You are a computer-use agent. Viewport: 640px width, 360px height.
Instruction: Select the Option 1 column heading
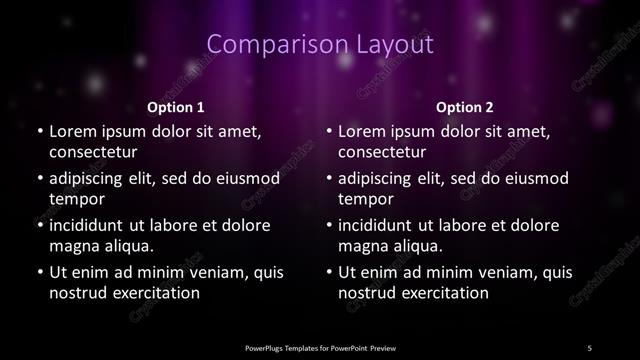176,107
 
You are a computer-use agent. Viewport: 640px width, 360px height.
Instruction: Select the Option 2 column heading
465,107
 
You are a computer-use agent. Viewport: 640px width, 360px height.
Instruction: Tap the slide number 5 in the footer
589,347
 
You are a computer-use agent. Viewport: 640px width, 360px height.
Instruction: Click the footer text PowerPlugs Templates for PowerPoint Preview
320,347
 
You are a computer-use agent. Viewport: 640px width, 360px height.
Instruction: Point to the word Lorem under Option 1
73,131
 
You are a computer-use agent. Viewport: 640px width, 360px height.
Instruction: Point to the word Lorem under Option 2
363,131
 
